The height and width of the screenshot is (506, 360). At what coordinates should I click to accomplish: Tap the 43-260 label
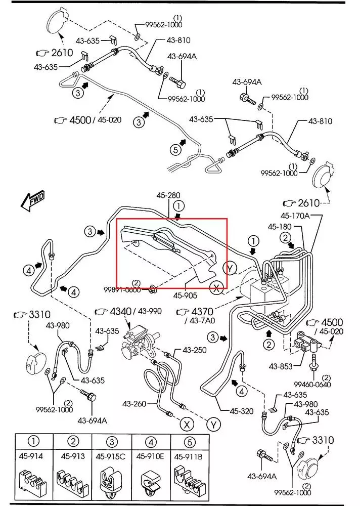pyautogui.click(x=134, y=403)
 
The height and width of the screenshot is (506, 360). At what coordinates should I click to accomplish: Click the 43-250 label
pyautogui.click(x=195, y=350)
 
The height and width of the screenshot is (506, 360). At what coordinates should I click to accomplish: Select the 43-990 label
pyautogui.click(x=150, y=311)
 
